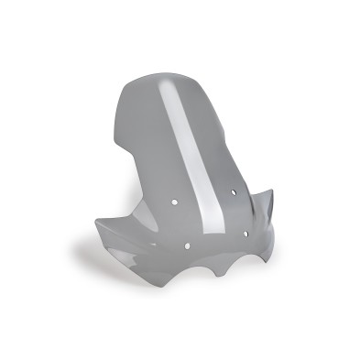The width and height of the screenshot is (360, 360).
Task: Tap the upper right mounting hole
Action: click(x=235, y=191)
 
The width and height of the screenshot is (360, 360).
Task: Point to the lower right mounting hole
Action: click(x=247, y=233)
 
